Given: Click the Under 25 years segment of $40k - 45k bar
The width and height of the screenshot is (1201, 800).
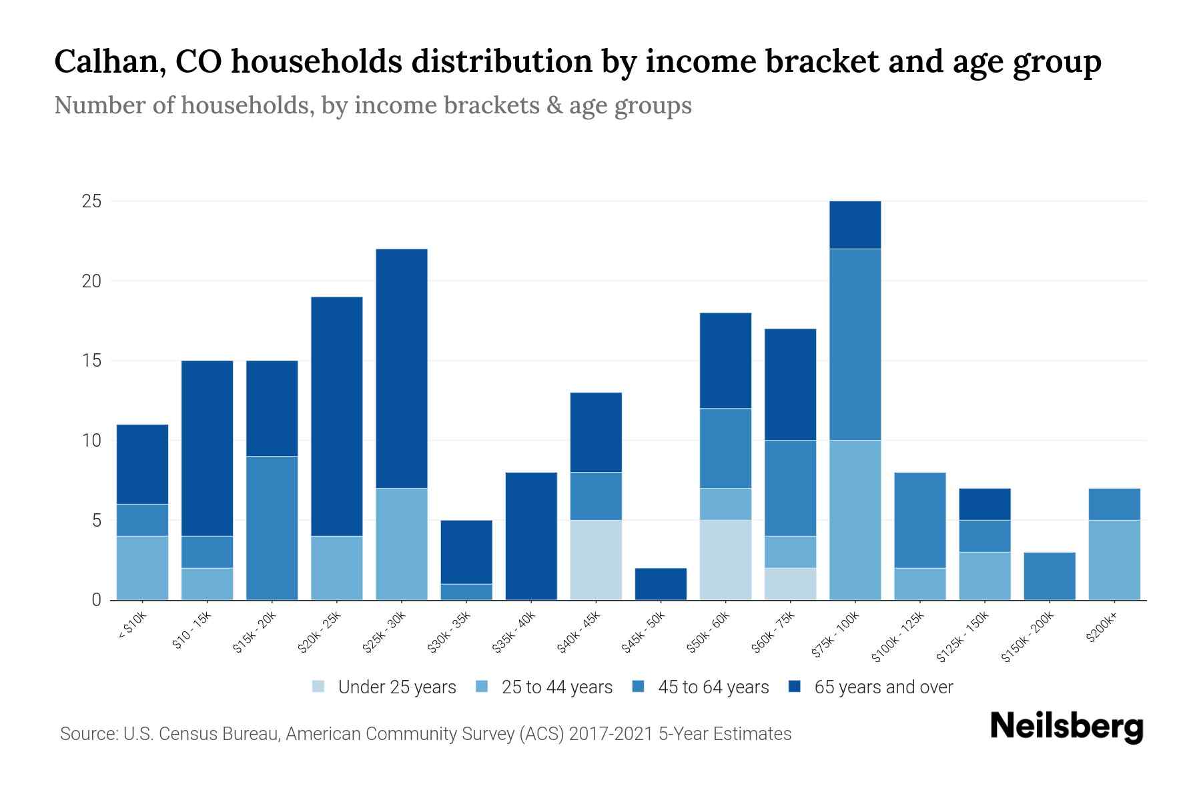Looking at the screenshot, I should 596,560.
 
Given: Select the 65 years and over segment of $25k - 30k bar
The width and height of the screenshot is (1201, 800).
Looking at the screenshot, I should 402,368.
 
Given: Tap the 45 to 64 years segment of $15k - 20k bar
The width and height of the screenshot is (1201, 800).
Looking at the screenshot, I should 272,528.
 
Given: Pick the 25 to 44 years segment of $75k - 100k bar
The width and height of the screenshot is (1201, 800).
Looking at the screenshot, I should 855,520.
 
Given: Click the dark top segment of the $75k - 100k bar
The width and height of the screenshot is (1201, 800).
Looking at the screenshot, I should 855,225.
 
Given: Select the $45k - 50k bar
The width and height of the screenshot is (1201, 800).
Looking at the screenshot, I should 661,584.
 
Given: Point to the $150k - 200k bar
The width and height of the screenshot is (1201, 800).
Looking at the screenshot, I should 1049,576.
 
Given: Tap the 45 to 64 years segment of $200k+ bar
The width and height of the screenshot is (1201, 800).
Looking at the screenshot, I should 1114,504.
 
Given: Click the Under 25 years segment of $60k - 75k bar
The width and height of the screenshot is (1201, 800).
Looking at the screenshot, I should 790,584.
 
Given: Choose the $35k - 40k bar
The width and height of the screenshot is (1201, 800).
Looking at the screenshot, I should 531,536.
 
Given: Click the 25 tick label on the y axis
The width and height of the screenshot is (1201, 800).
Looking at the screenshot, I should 91,201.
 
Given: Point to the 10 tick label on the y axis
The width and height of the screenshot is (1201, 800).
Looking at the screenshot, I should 91,441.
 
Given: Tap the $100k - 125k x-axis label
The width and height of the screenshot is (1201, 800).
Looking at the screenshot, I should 898,637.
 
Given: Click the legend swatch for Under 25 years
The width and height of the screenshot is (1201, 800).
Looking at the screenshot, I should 319,687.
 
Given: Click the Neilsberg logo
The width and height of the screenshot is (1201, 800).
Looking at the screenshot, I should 1066,726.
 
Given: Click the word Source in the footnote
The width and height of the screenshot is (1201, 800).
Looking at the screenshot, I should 87,734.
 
